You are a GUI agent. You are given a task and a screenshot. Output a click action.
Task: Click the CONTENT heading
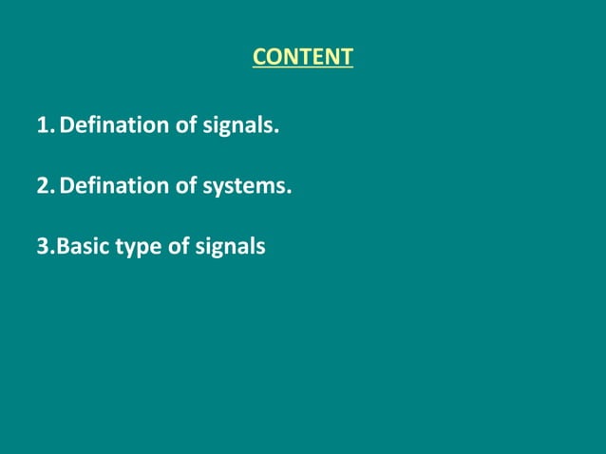point(302,57)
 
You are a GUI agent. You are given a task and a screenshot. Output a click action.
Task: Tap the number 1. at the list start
point(45,125)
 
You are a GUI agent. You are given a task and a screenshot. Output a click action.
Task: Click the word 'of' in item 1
point(185,125)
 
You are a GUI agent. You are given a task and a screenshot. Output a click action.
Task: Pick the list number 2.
point(45,186)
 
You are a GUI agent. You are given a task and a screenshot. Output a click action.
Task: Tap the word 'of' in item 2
point(185,186)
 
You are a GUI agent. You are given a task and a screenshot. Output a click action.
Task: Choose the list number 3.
point(45,247)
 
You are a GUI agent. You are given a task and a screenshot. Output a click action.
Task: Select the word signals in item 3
point(231,247)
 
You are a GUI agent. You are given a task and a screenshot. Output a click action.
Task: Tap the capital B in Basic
point(64,247)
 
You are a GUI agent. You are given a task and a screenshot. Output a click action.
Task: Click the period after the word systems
point(289,192)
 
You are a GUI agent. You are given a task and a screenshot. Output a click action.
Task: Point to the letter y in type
point(134,250)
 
